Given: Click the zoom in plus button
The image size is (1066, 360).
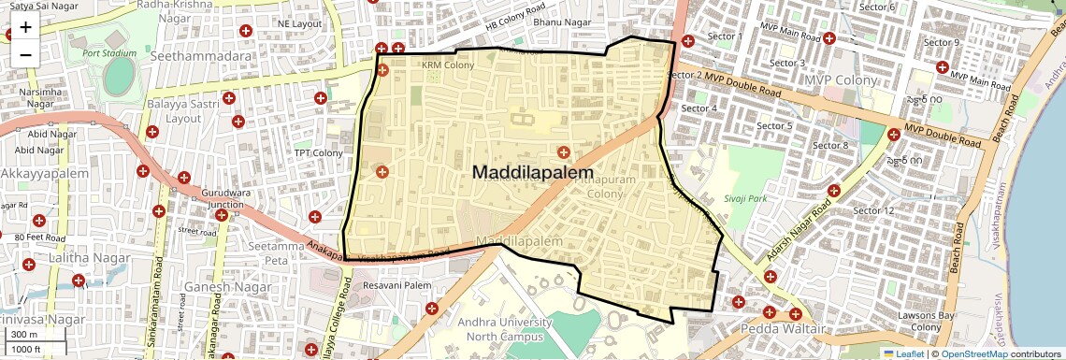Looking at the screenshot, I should coord(25,27).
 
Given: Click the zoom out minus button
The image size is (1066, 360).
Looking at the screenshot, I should coord(25,54).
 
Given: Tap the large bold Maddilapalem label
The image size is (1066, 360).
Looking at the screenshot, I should coord(533,173).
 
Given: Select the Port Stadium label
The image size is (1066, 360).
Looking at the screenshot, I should coord(103,53).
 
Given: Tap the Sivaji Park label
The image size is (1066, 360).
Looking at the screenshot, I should coord(745,199).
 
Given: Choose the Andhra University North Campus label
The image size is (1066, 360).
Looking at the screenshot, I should coord(510,330).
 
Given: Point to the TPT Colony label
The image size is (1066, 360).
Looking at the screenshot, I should coord(319,152).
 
